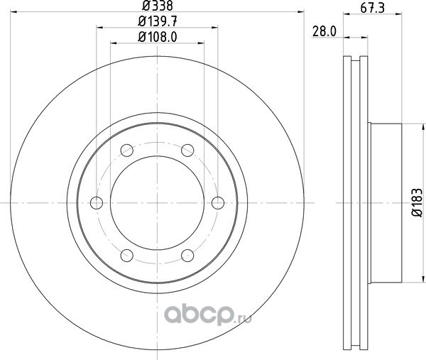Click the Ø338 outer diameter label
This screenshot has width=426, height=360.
pyautogui.click(x=158, y=6)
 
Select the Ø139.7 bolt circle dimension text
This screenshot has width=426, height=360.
pyautogui.click(x=158, y=21)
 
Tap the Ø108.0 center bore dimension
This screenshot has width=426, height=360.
pyautogui.click(x=158, y=37)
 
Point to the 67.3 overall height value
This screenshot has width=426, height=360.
pyautogui.click(x=373, y=8)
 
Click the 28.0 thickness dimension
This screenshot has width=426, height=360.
pyautogui.click(x=324, y=31)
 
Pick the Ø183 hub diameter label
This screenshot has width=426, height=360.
pyautogui.click(x=417, y=202)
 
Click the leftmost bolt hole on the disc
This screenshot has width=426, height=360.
pyautogui.click(x=97, y=203)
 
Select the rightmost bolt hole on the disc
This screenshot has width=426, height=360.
pyautogui.click(x=218, y=203)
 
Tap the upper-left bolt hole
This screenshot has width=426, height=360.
pyautogui.click(x=127, y=151)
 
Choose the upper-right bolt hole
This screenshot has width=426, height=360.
pyautogui.click(x=187, y=151)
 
